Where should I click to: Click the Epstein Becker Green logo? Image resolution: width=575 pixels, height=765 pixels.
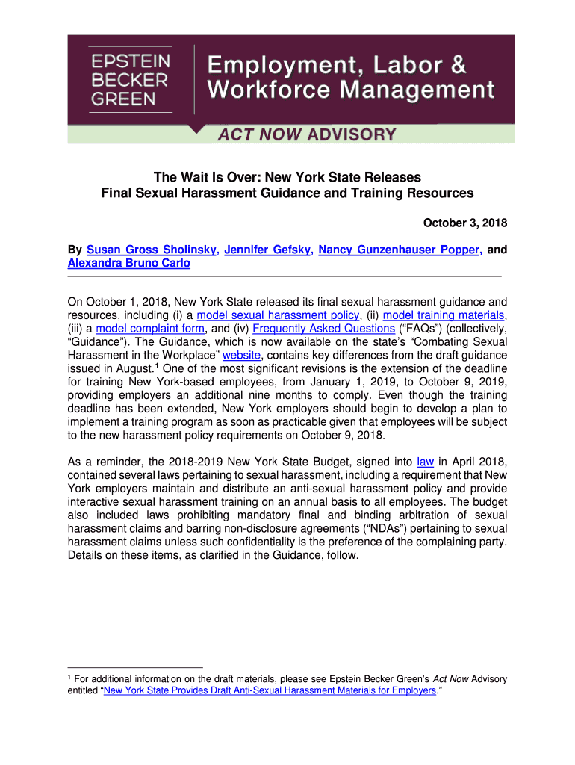131,78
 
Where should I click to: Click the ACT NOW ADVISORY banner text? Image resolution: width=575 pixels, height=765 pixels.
306,135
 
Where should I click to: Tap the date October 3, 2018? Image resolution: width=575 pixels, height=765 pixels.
465,223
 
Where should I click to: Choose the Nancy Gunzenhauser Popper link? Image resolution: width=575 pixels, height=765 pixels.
398,250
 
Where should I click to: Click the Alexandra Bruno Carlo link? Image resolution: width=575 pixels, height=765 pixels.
128,263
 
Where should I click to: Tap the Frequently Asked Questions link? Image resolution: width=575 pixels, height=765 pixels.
324,329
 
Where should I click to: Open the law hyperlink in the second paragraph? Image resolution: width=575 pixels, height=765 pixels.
423,462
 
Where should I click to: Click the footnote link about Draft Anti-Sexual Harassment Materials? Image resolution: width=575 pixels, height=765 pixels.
270,691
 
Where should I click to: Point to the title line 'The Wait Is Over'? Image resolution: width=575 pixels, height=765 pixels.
287,178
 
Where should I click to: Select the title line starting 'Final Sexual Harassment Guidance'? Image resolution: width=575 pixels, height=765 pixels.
287,193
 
